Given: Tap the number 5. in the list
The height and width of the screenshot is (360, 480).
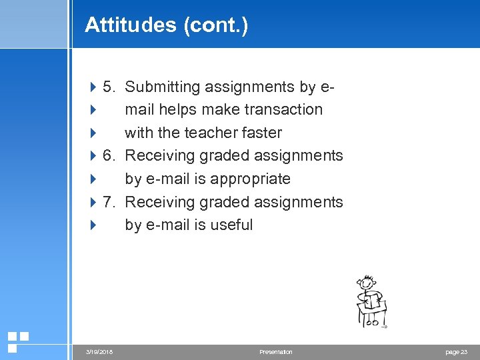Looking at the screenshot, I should point(110,87).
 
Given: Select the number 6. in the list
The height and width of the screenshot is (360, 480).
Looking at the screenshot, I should point(110,156).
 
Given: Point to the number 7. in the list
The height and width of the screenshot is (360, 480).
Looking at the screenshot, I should point(110,202).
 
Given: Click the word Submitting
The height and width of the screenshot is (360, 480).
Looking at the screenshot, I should point(163,87).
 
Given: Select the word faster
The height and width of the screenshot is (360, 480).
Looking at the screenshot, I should point(261,133).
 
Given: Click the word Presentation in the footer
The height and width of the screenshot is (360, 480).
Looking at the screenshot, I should point(276,352).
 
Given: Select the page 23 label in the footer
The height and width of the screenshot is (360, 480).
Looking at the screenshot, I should point(457,352).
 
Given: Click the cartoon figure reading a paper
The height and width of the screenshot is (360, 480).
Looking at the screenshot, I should point(370,301).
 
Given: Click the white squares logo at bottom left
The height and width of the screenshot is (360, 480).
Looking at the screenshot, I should point(17,341).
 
